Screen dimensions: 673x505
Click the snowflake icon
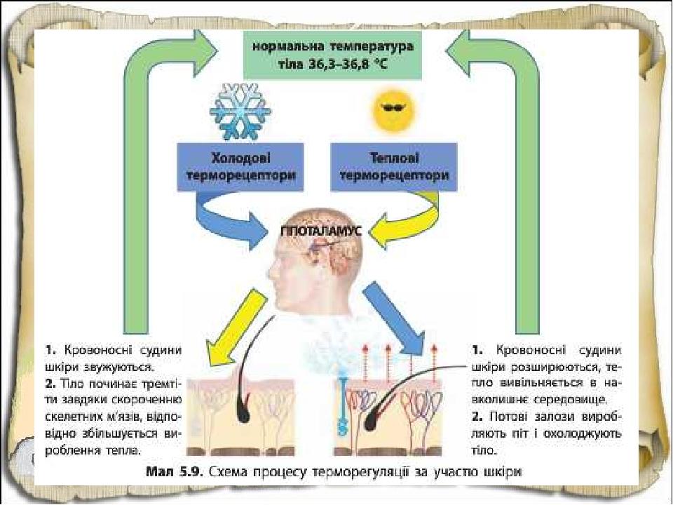(240, 112)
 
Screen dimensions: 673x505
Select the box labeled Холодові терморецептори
(240, 167)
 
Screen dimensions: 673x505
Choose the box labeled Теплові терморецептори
(394, 167)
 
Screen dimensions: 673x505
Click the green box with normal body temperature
(332, 55)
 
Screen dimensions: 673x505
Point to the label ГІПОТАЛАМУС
(322, 231)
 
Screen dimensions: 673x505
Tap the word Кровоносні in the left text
(98, 351)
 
